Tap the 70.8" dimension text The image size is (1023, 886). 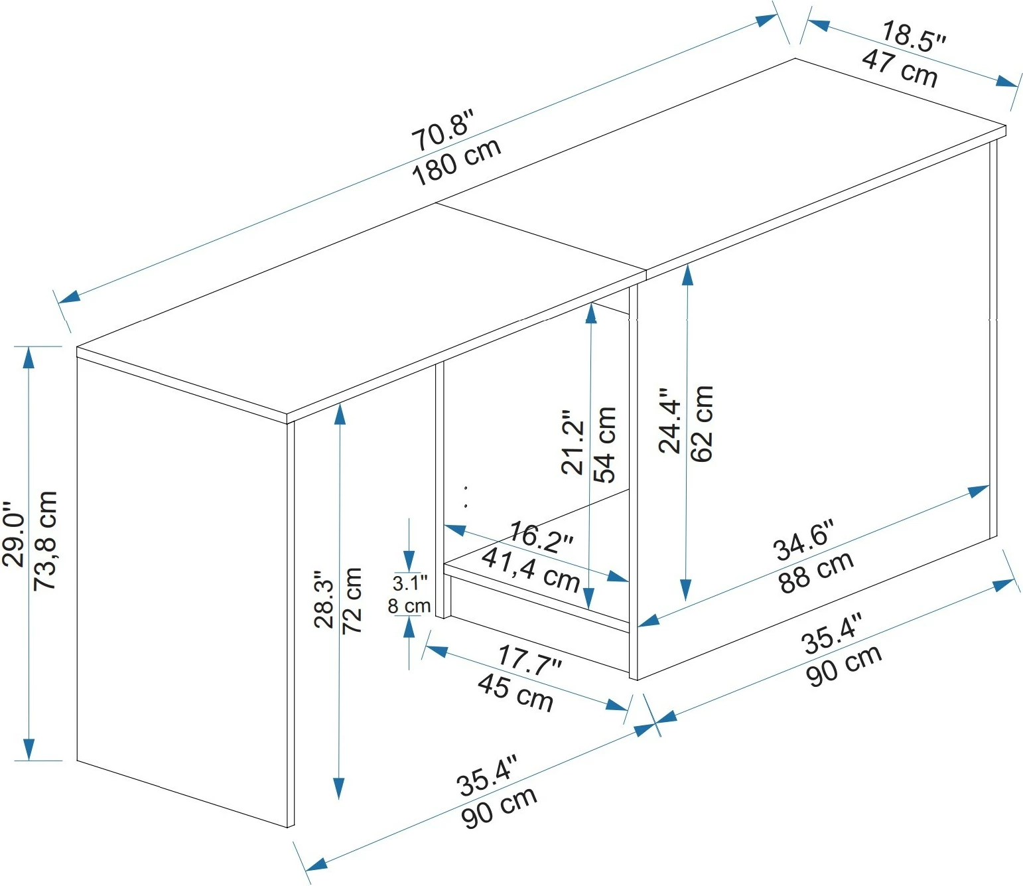pos(443,131)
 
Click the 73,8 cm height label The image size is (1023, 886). pos(46,540)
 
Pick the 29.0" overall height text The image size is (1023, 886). pos(14,534)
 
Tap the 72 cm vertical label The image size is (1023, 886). pos(352,600)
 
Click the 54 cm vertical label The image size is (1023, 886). pos(605,445)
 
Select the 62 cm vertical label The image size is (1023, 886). pos(701,423)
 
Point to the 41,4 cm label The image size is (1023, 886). pos(531,569)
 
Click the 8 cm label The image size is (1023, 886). pos(409,606)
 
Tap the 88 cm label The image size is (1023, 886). pos(817,571)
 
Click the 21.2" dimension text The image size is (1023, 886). pos(573,442)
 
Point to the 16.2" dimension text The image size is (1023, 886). pos(541,536)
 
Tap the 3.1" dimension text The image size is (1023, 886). pos(410,583)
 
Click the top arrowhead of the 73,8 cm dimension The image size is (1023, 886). pos(29,356)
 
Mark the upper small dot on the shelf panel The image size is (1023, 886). pos(466,488)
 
